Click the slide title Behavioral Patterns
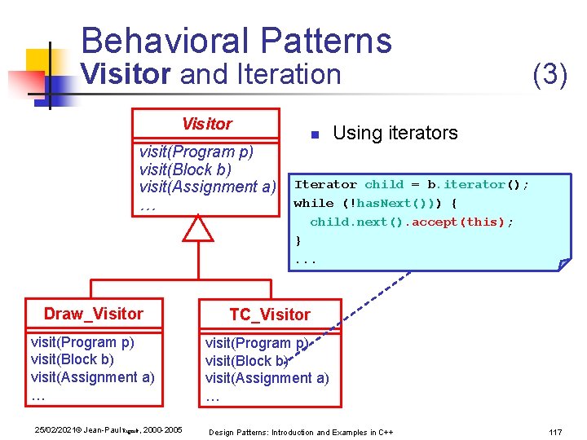[236, 41]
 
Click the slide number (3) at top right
[549, 75]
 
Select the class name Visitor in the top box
[206, 124]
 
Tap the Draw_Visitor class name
[93, 314]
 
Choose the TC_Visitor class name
[270, 315]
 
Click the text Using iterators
[395, 133]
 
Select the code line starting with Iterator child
[411, 185]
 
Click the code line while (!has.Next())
[375, 203]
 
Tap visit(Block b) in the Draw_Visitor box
[72, 359]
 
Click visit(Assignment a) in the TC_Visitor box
[267, 378]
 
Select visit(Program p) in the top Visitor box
[196, 152]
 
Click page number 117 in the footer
[556, 431]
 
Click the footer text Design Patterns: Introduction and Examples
[301, 431]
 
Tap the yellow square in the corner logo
[38, 62]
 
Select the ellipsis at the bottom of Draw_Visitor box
[38, 397]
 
